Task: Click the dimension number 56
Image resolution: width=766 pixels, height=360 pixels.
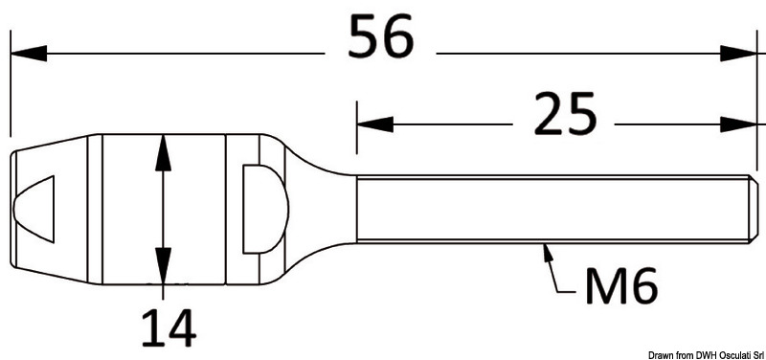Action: (380, 39)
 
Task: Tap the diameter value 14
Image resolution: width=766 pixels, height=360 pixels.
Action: (168, 328)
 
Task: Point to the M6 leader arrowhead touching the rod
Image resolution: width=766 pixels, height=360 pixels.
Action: (548, 251)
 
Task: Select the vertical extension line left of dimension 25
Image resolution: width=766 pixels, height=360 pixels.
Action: (356, 124)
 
